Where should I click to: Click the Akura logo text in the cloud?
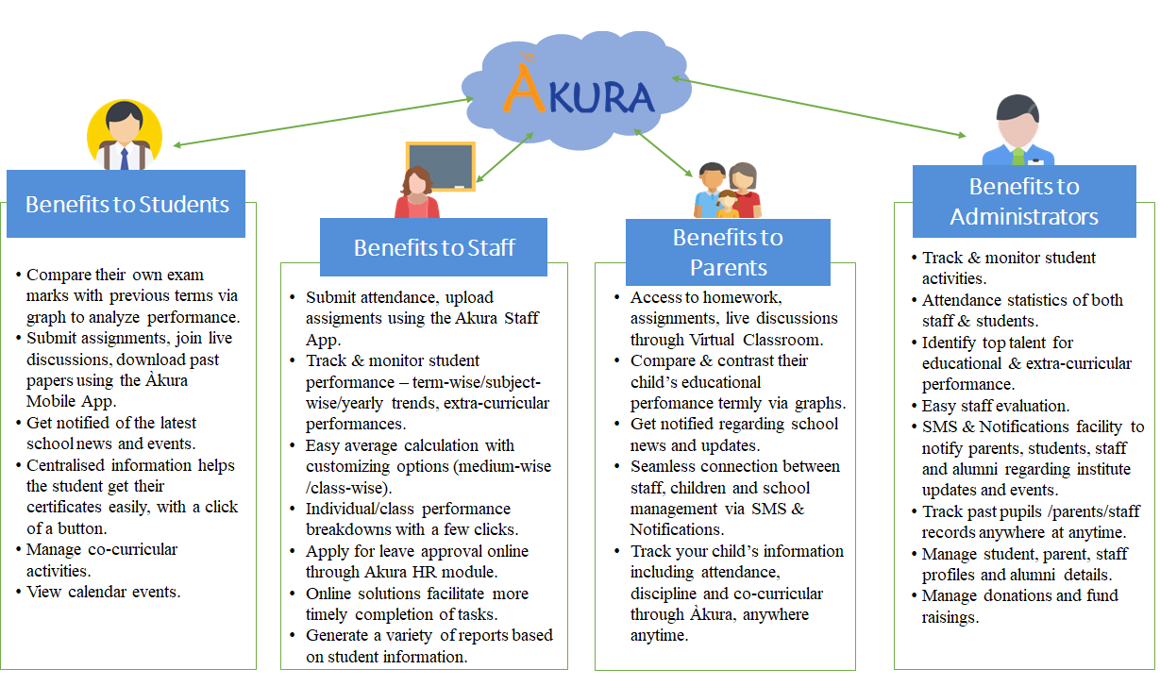click(x=578, y=95)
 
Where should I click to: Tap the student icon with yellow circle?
click(x=125, y=136)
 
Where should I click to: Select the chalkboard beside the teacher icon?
click(x=440, y=166)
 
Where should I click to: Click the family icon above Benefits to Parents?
click(x=728, y=191)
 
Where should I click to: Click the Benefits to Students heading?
click(x=126, y=204)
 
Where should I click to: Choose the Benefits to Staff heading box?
click(x=434, y=247)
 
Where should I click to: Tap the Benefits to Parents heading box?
click(x=728, y=252)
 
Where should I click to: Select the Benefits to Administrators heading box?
click(x=1024, y=201)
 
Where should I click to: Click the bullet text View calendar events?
click(x=103, y=592)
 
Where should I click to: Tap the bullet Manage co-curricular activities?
click(x=102, y=560)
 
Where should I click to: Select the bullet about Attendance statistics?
click(x=1022, y=310)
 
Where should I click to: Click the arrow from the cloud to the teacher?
click(x=505, y=157)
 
